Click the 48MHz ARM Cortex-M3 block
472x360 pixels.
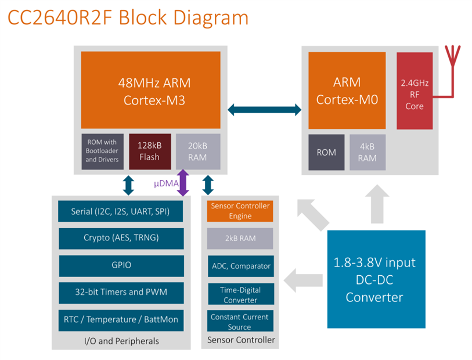(150, 90)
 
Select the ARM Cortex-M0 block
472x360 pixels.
(347, 90)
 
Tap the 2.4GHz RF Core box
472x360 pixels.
(415, 91)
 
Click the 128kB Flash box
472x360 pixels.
(149, 152)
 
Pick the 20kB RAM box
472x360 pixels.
(198, 152)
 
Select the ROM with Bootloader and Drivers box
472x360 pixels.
(103, 152)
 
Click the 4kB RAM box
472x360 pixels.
(367, 152)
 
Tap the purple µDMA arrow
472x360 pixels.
(183, 183)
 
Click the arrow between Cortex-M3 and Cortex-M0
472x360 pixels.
(264, 109)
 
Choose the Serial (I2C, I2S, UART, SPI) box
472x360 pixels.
(120, 211)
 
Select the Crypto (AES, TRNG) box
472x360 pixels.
(120, 237)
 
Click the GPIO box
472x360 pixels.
(120, 265)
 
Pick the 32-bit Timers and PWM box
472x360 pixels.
(120, 292)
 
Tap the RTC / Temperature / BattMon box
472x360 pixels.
(120, 319)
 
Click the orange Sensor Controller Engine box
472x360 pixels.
(240, 211)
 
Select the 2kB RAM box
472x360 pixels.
(240, 238)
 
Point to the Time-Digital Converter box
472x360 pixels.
(240, 294)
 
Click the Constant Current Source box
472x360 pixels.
(240, 322)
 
